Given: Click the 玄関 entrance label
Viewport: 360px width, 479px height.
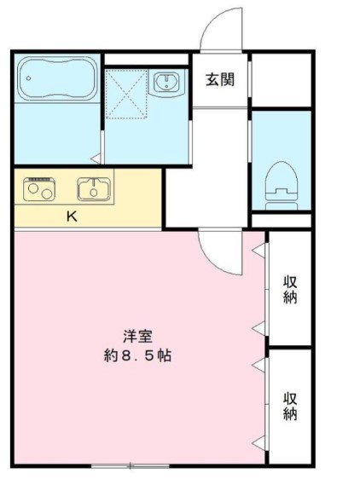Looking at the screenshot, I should click(x=220, y=81).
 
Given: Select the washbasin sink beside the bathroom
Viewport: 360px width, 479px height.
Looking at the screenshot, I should click(x=165, y=82).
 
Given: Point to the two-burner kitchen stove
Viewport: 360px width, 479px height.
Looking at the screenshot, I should click(x=39, y=189).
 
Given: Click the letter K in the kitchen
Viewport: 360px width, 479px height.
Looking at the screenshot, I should click(x=73, y=216).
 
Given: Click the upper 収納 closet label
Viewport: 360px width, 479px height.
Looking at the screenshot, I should click(x=290, y=291).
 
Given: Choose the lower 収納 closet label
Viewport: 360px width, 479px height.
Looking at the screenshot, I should click(x=290, y=406).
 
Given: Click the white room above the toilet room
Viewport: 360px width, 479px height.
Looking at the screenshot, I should click(x=281, y=79).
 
